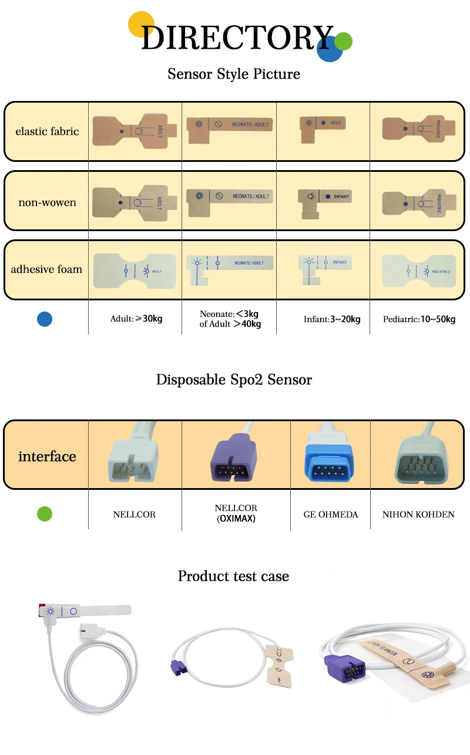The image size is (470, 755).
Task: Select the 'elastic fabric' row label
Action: point(47,131)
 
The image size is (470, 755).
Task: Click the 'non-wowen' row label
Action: point(47,203)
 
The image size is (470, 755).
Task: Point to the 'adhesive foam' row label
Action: point(46,270)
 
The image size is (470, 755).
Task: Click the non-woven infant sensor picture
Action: point(324,199)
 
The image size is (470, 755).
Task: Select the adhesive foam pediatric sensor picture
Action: point(418,271)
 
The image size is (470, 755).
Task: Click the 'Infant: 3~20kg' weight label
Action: point(332,320)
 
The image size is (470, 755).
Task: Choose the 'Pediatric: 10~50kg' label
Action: point(419,320)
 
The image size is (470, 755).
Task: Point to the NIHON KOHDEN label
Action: point(418,514)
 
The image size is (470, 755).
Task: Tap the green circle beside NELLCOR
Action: point(45,514)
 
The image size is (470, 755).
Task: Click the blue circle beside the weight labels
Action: point(45,319)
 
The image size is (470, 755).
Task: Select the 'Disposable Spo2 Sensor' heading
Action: point(234,380)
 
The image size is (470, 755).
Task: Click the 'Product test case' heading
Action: point(233,576)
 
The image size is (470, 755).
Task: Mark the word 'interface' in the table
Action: point(47,456)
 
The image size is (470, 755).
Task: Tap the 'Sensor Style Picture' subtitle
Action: point(234,75)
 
